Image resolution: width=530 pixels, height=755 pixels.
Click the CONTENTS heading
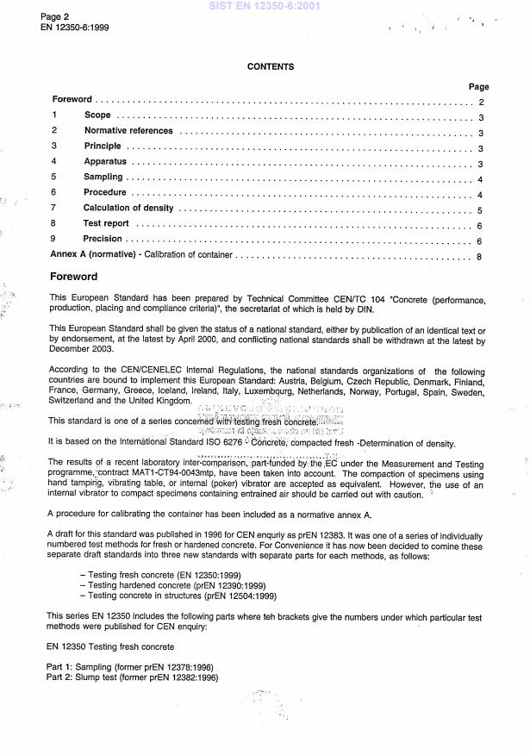(271, 66)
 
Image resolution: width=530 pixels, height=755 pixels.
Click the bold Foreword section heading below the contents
(74, 277)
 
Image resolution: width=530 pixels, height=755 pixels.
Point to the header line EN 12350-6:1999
(74, 28)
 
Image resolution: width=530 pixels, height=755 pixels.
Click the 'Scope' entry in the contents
(97, 115)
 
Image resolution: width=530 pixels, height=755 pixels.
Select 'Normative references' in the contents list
(128, 131)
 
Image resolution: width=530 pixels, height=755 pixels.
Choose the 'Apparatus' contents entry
(105, 161)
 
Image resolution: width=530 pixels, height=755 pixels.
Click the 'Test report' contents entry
(105, 223)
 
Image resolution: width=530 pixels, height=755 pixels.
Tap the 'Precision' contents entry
(103, 239)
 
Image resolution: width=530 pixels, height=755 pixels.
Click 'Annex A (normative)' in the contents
(95, 255)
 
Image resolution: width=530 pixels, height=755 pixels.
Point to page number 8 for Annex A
(479, 256)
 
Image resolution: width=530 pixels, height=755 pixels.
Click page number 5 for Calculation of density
(479, 209)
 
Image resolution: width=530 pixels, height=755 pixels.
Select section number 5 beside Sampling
(53, 177)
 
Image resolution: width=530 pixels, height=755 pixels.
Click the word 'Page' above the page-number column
(478, 87)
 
